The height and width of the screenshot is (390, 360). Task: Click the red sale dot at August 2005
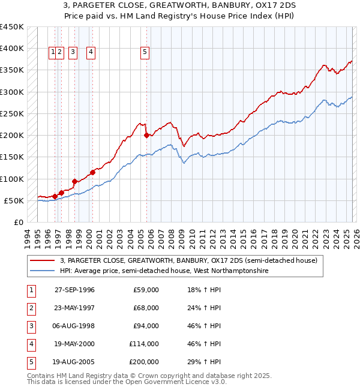[x=146, y=136]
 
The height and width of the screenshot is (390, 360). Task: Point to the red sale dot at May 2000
[x=92, y=173]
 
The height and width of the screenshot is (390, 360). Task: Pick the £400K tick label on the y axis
[x=11, y=49]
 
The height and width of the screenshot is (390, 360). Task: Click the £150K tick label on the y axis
[x=11, y=157]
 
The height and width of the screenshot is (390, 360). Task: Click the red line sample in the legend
[x=43, y=260]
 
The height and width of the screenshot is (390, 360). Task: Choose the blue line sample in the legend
[x=43, y=271]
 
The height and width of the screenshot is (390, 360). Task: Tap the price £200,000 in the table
[x=144, y=362]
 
